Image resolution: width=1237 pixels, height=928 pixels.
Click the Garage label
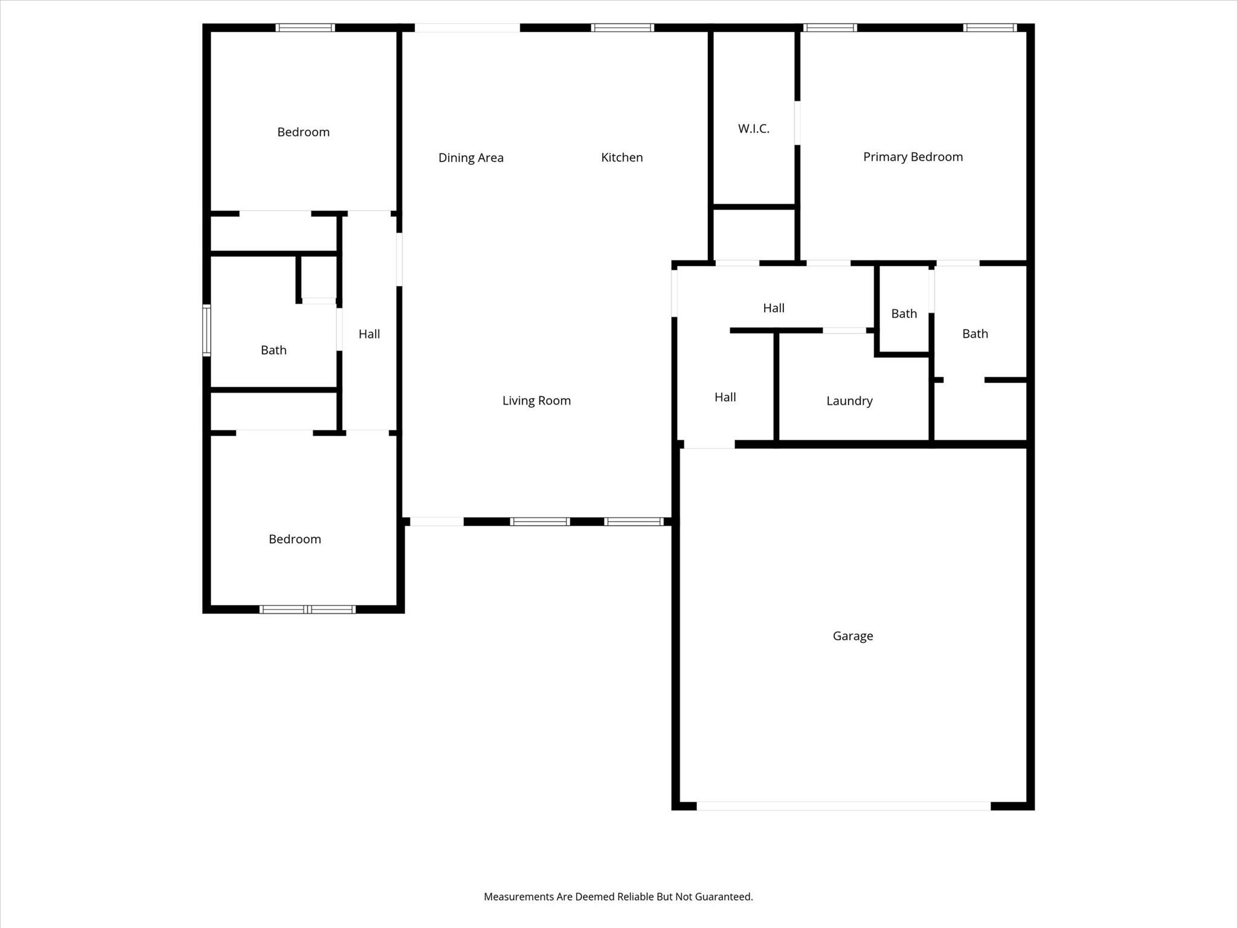pos(852,636)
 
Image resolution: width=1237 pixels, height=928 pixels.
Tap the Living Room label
pos(536,401)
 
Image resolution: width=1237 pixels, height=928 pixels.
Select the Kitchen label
pos(622,158)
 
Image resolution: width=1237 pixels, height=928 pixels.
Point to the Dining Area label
pos(471,158)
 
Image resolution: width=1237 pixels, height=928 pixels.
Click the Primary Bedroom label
pos(913,157)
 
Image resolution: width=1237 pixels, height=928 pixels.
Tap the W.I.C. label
pos(753,129)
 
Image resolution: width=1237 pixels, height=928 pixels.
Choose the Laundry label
pos(849,401)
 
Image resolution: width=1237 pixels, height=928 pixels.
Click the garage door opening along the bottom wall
pos(843,806)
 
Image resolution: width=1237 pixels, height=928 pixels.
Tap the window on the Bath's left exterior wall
pos(207,330)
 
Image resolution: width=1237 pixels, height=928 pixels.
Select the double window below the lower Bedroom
pos(307,609)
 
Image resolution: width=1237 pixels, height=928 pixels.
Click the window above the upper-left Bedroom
pos(305,28)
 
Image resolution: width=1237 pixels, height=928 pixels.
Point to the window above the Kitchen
pos(622,28)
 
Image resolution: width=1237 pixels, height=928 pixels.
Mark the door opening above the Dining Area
pos(467,28)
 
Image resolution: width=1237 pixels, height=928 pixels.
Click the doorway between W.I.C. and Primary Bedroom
pos(797,123)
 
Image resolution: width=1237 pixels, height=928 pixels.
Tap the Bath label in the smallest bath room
pos(904,314)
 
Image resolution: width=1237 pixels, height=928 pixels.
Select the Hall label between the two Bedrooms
pos(369,334)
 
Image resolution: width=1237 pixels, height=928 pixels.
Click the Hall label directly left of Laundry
pos(725,397)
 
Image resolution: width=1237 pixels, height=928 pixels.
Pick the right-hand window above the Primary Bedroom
pos(990,28)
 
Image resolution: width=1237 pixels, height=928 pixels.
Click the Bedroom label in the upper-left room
pos(303,132)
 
